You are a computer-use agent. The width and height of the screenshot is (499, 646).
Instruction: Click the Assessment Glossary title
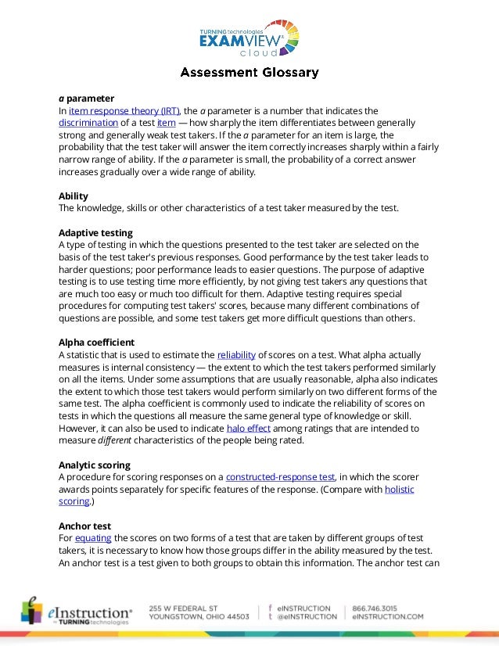point(249,73)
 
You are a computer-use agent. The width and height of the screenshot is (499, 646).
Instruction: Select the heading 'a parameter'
point(86,99)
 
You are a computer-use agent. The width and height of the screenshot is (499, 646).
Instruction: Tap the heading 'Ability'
point(73,196)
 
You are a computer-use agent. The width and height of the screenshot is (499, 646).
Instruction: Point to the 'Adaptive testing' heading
point(95,232)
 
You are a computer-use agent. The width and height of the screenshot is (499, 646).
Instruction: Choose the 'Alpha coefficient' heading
point(97,342)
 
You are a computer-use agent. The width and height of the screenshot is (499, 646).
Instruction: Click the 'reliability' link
point(235,354)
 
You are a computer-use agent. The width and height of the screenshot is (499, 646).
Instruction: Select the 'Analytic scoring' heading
point(95,465)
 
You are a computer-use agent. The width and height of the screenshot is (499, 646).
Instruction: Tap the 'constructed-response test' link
point(280,477)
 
